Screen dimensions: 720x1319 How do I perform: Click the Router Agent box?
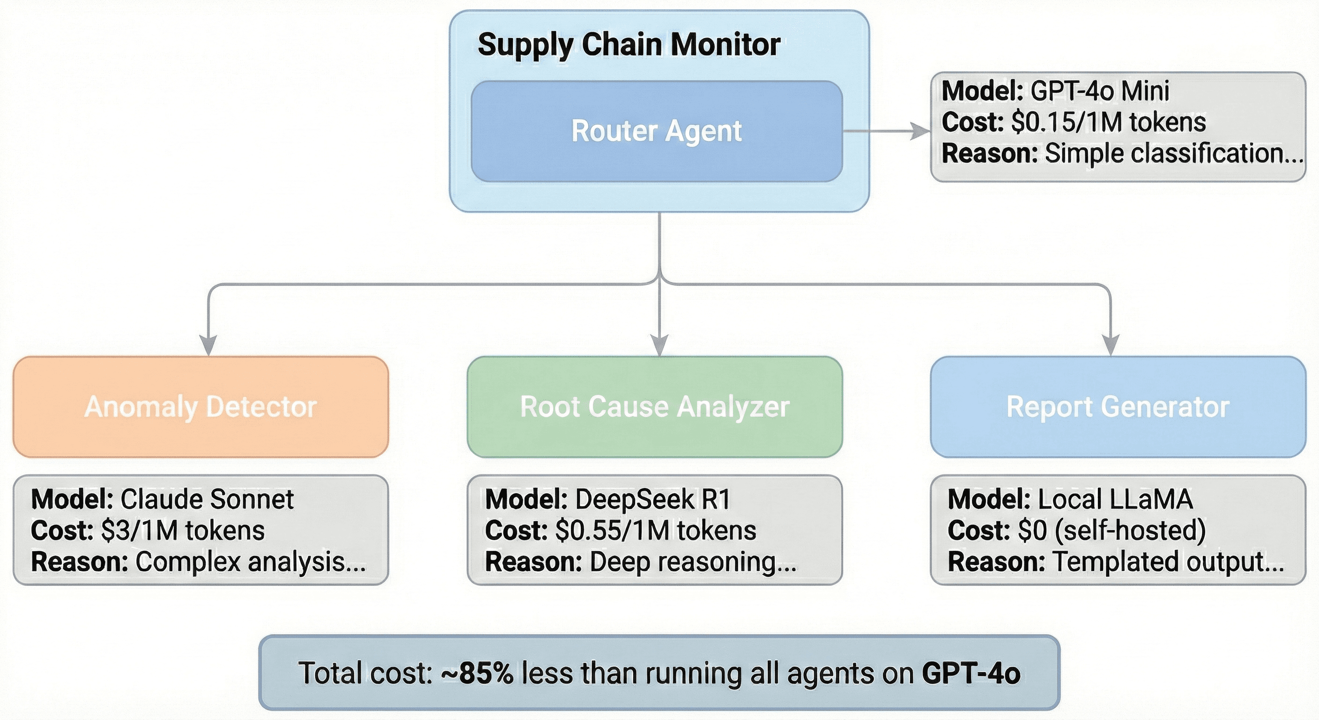pyautogui.click(x=656, y=131)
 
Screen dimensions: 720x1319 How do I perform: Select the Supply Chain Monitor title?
pyautogui.click(x=629, y=45)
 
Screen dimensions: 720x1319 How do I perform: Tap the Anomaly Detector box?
pyautogui.click(x=201, y=407)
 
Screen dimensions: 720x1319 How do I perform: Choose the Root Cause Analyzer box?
pyautogui.click(x=654, y=407)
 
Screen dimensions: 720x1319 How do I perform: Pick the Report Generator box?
pyautogui.click(x=1118, y=407)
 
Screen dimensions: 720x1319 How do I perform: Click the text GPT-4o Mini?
pyautogui.click(x=1099, y=91)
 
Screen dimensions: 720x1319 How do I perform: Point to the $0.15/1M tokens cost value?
pyautogui.click(x=1109, y=122)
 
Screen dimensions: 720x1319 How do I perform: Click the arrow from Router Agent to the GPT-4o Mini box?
pyautogui.click(x=886, y=131)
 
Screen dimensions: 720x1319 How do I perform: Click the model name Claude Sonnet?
pyautogui.click(x=207, y=499)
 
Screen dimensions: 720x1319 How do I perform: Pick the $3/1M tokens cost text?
pyautogui.click(x=183, y=531)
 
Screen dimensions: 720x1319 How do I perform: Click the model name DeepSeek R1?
pyautogui.click(x=653, y=499)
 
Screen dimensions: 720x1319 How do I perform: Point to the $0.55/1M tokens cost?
pyautogui.click(x=655, y=531)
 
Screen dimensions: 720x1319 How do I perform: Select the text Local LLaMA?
pyautogui.click(x=1115, y=499)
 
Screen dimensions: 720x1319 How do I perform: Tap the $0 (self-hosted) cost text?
pyautogui.click(x=1112, y=531)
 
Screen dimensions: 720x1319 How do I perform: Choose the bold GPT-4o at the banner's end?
pyautogui.click(x=971, y=674)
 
